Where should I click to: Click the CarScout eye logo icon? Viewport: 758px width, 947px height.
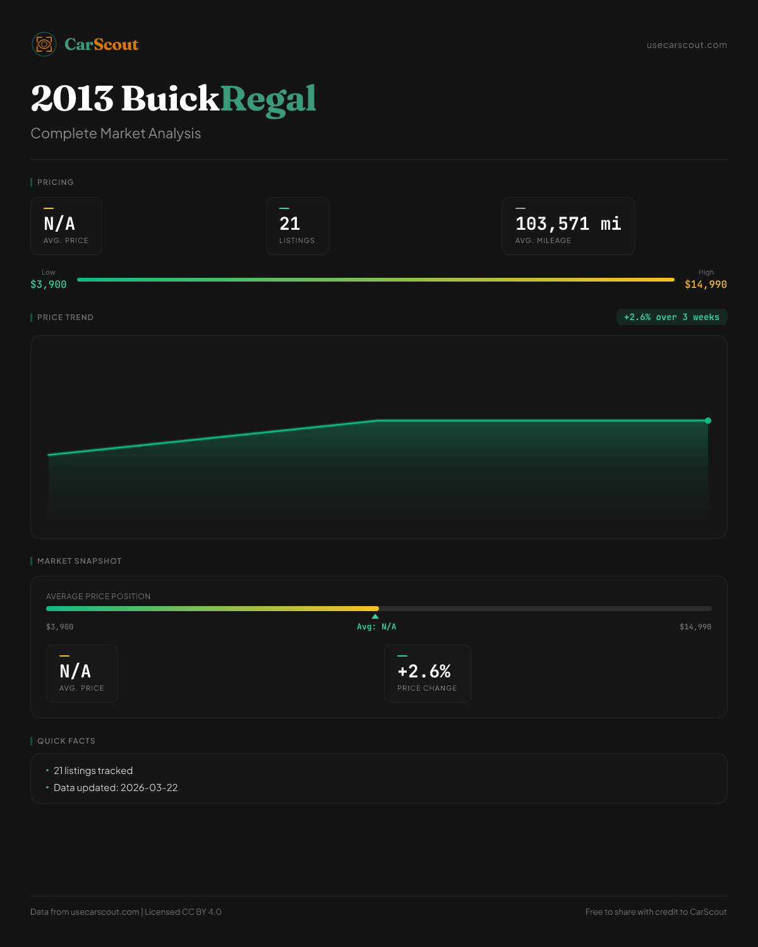44,44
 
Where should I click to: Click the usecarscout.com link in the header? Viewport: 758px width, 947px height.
687,45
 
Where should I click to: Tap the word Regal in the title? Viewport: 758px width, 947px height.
268,99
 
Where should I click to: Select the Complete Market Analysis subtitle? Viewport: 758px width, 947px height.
116,134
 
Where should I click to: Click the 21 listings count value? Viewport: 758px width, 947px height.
290,224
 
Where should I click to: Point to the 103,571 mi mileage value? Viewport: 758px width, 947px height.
568,224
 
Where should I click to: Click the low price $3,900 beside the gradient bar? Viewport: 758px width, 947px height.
49,285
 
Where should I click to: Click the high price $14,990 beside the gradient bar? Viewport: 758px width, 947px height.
706,285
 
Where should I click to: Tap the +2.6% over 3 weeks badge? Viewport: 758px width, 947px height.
671,317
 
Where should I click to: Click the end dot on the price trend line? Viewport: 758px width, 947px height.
708,420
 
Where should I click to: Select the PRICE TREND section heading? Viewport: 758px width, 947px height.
65,318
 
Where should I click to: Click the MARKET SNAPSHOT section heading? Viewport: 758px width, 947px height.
79,561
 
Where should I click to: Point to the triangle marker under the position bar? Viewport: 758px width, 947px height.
375,616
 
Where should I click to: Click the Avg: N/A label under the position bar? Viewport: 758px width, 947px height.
376,627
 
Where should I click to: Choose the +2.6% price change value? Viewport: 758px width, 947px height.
424,672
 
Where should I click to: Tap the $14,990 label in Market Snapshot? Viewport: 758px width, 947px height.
695,627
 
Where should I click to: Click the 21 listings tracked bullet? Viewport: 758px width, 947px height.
93,771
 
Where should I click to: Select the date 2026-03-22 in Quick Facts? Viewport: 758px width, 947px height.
149,788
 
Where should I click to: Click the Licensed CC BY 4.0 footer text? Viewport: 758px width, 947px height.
183,912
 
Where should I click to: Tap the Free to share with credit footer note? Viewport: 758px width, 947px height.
656,912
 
